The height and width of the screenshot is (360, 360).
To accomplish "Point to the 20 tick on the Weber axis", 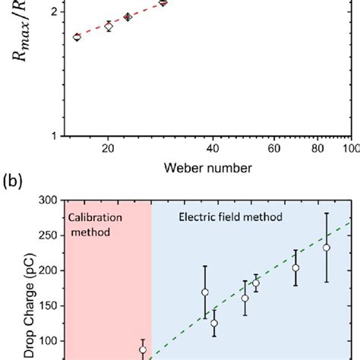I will (109, 148).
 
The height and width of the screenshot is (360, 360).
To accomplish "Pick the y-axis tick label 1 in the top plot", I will (53, 136).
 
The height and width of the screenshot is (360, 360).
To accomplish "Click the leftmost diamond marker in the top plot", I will (77, 37).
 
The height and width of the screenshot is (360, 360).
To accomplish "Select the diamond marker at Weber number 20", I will (109, 27).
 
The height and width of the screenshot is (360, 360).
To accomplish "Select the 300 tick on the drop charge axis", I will (49, 201).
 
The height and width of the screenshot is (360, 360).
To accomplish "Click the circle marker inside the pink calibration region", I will (142, 350).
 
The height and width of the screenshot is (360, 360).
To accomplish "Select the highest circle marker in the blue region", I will (327, 248).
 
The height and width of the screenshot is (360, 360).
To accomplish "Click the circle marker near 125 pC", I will (214, 323).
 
